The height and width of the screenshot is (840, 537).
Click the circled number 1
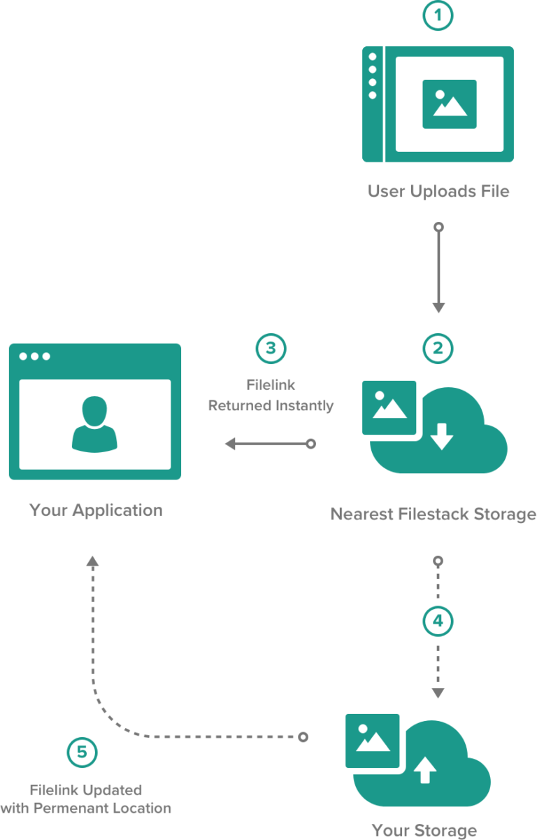tap(438, 17)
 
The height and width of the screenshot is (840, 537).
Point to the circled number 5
tap(83, 753)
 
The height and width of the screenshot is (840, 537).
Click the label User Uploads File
tap(438, 191)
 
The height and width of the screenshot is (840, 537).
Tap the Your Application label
tap(96, 510)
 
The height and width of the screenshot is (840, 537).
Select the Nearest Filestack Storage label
tap(433, 514)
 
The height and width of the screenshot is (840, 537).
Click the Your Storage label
tap(424, 830)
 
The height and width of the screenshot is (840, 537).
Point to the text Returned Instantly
tap(271, 405)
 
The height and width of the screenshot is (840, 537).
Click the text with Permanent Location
tap(85, 808)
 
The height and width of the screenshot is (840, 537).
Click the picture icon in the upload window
tap(449, 103)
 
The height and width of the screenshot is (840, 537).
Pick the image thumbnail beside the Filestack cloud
tap(389, 408)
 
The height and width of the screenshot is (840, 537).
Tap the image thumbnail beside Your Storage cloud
tap(373, 741)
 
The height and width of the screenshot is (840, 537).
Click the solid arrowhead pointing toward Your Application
tap(230, 443)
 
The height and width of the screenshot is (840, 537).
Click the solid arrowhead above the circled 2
tap(438, 307)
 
